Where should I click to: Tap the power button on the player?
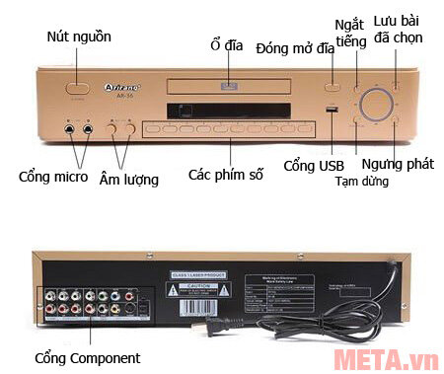[x=78, y=88]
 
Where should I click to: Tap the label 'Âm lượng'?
[x=128, y=179]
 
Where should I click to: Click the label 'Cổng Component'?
[x=87, y=357]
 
